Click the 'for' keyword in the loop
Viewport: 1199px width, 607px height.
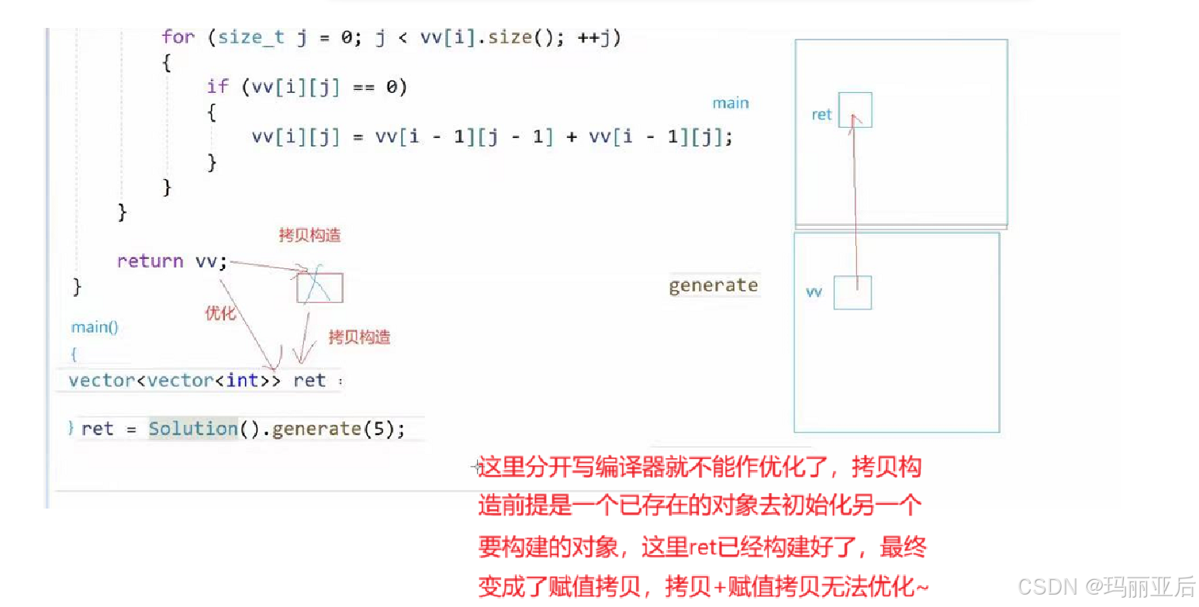click(x=178, y=37)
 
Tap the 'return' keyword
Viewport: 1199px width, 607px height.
click(x=150, y=261)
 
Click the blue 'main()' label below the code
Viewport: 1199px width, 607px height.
click(x=95, y=327)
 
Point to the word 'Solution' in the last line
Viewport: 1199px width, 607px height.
click(x=192, y=429)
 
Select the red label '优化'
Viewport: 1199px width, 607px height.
click(x=219, y=312)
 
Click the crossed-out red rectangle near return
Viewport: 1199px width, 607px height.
click(x=319, y=287)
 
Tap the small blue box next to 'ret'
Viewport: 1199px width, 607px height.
click(x=855, y=109)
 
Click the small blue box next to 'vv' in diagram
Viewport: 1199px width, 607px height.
click(x=852, y=292)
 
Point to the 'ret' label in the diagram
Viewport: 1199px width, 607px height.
click(x=821, y=115)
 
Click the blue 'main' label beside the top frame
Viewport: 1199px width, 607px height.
click(x=731, y=103)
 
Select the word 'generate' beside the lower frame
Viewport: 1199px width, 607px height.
click(x=713, y=285)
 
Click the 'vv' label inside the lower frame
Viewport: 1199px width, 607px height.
click(x=814, y=292)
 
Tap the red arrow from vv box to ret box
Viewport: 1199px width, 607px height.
click(x=856, y=202)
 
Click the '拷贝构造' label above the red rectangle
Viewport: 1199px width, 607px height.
click(x=309, y=236)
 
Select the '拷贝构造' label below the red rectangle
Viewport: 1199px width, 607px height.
click(x=359, y=336)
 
